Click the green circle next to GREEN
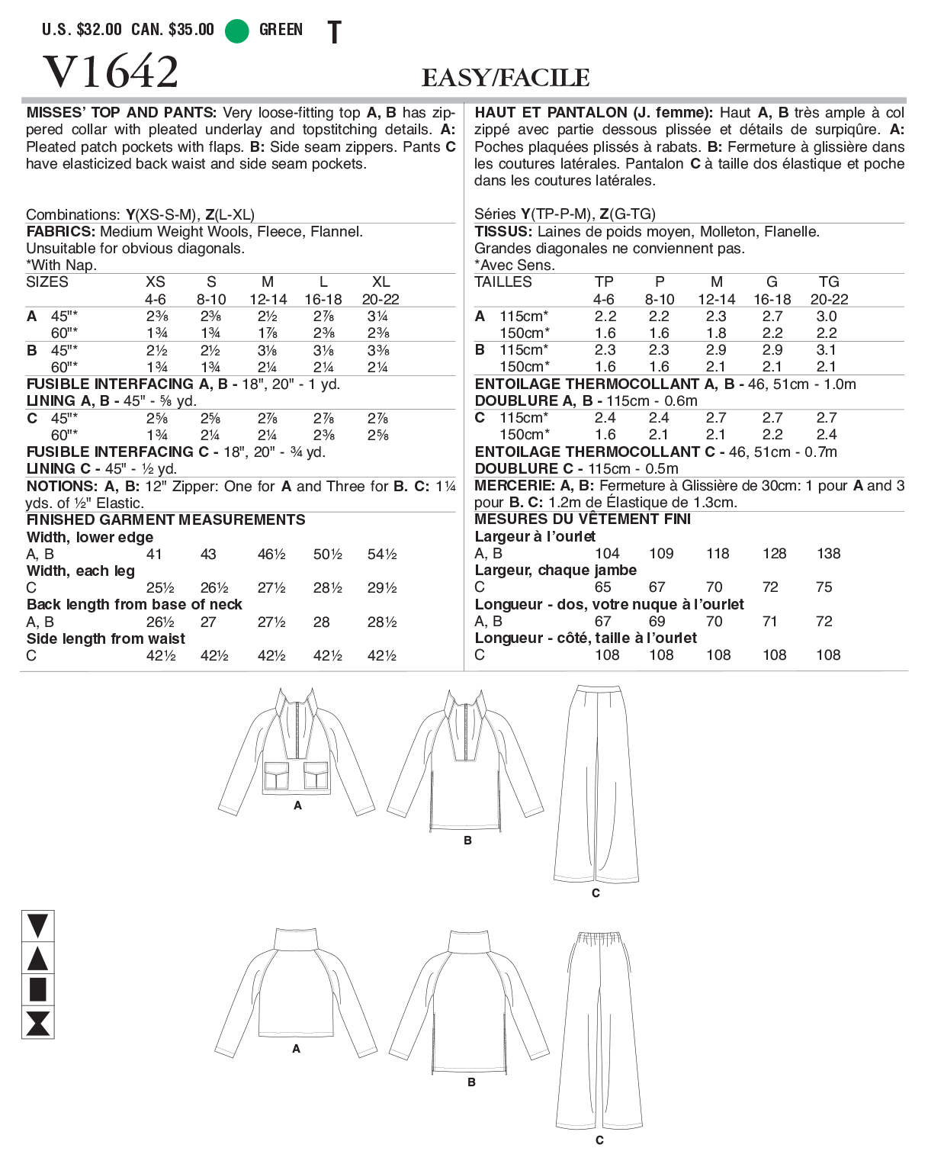click(237, 31)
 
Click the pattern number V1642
click(111, 72)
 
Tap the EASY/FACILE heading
click(506, 78)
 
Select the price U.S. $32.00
click(82, 30)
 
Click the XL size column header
click(381, 282)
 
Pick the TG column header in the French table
click(829, 282)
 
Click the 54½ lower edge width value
click(382, 555)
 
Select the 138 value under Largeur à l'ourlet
click(829, 554)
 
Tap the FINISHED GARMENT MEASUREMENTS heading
click(165, 520)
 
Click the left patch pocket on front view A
click(276, 776)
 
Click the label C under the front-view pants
click(596, 893)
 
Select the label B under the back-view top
click(471, 1082)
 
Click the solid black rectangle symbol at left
click(37, 989)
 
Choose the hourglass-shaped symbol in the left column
click(37, 1023)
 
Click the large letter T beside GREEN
click(334, 32)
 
